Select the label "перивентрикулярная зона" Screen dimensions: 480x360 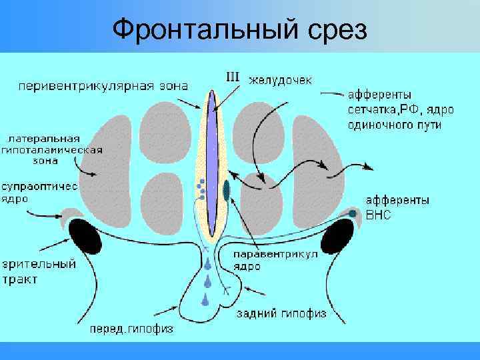point(103,85)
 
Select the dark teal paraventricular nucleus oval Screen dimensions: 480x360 point(227,189)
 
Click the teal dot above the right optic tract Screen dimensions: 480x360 point(352,213)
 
